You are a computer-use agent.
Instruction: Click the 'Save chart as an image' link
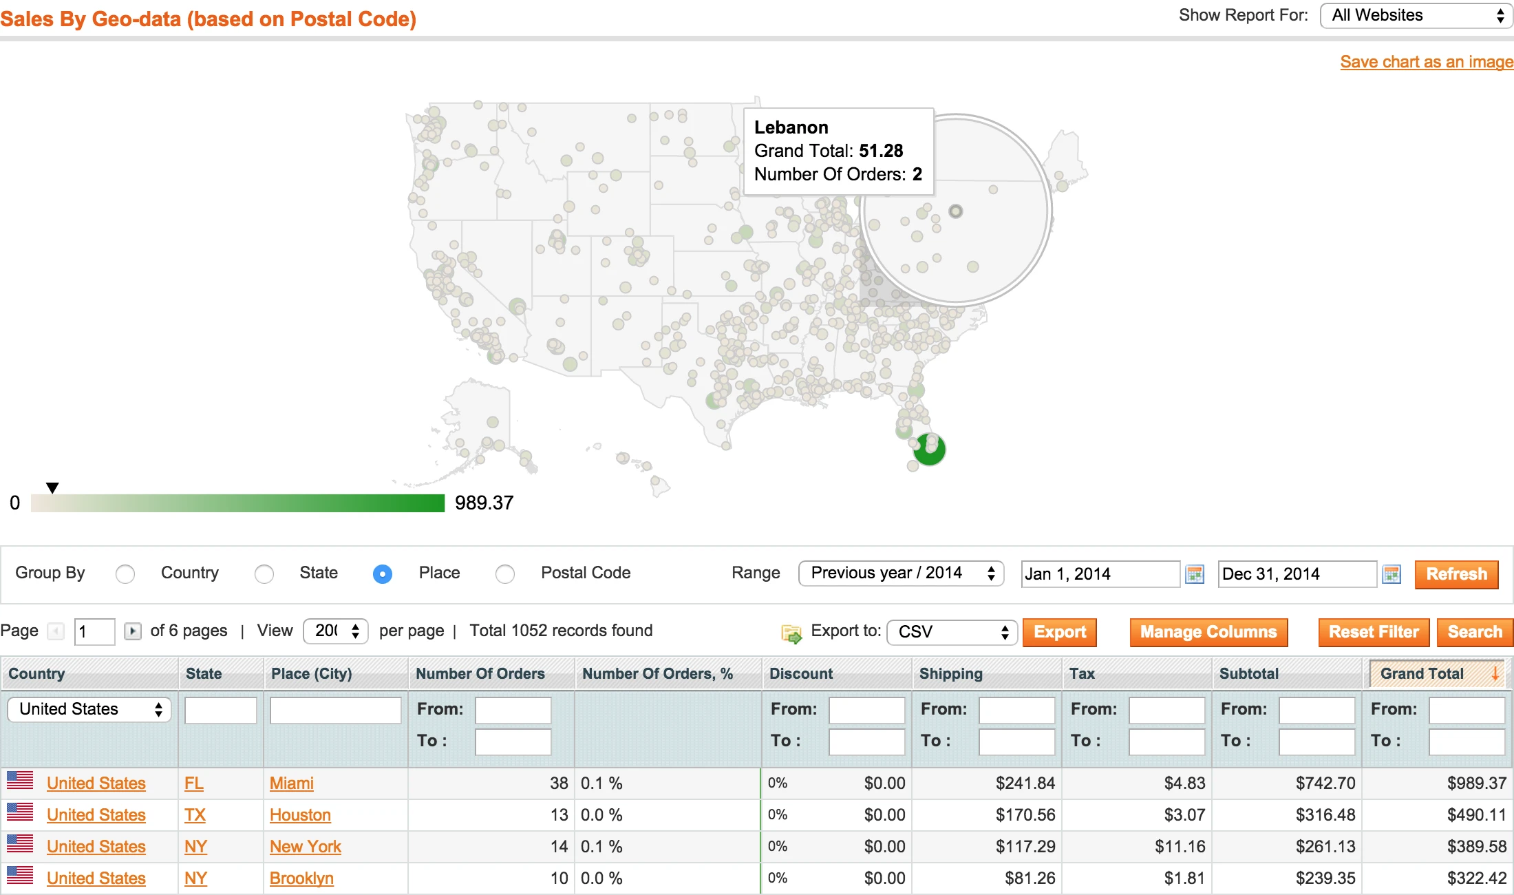tap(1426, 62)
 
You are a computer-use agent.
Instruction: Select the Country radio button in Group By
tap(125, 573)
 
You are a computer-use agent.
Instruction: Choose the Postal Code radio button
tap(505, 573)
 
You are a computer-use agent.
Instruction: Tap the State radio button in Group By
tap(264, 573)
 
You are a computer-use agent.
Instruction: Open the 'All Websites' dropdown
tap(1416, 16)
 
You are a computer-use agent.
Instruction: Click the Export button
tap(1059, 632)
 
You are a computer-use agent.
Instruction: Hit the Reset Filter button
tap(1373, 632)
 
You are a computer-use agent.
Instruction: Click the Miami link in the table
tap(291, 783)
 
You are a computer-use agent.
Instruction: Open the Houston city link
tap(300, 815)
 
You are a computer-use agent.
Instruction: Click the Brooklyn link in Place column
tap(301, 878)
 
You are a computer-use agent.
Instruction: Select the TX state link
tap(195, 815)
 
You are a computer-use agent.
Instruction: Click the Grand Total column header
tap(1422, 673)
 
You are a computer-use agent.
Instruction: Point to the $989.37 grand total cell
tap(1476, 783)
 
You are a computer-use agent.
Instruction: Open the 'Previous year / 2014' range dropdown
tap(901, 573)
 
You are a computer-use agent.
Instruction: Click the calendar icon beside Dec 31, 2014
tap(1392, 574)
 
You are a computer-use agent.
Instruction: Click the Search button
tap(1474, 632)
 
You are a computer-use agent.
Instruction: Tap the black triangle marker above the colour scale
tap(52, 488)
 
